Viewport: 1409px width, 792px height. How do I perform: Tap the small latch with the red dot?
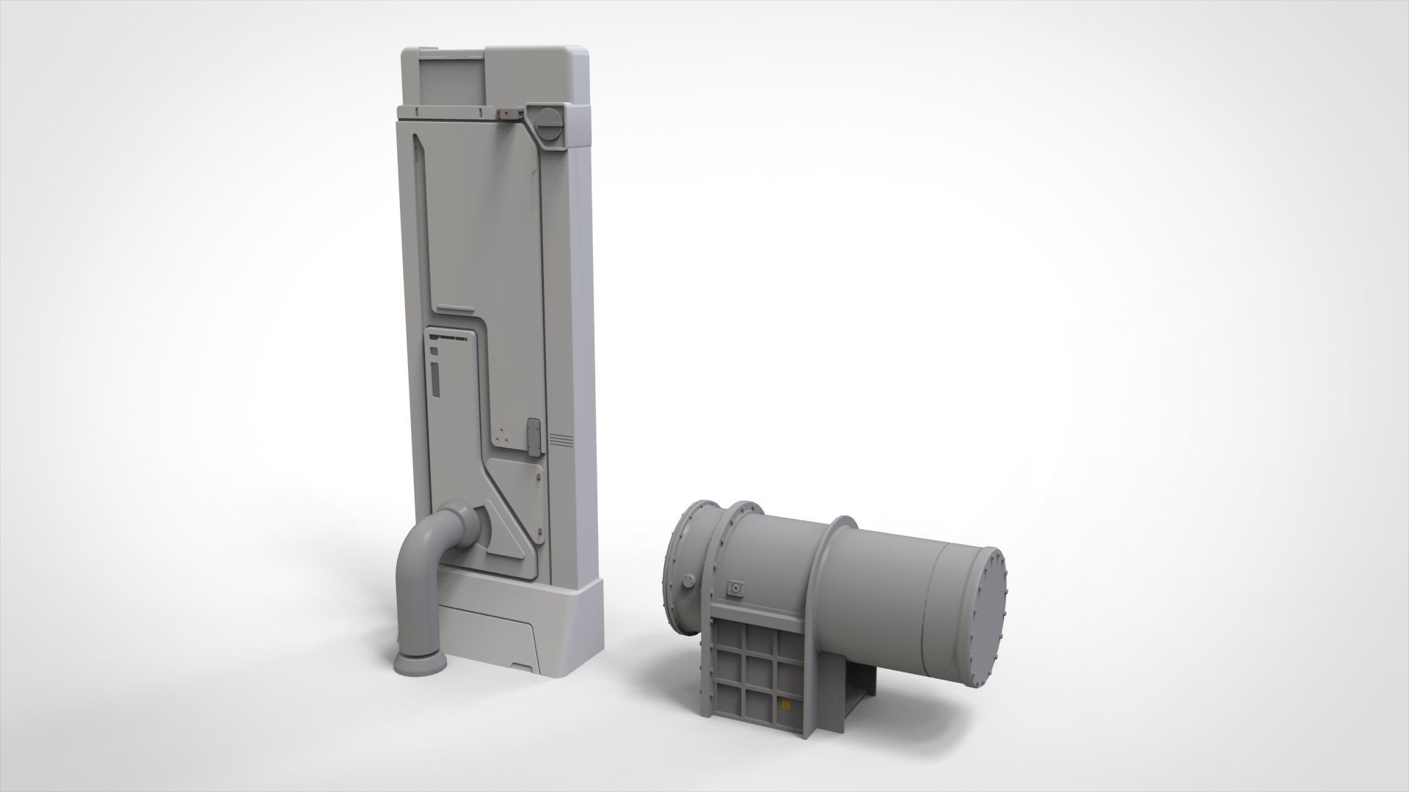507,113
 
